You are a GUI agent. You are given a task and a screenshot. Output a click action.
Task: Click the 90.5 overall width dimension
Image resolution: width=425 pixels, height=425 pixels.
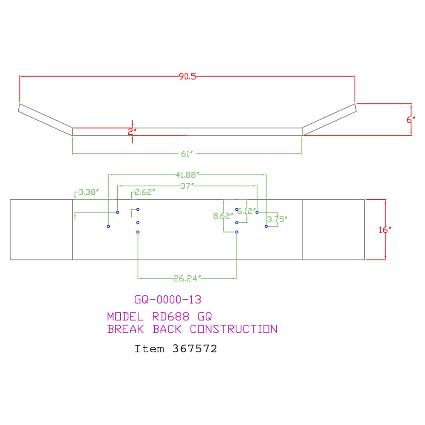pyautogui.click(x=187, y=76)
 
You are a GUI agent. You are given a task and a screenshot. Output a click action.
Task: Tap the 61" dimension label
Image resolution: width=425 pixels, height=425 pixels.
pyautogui.click(x=187, y=154)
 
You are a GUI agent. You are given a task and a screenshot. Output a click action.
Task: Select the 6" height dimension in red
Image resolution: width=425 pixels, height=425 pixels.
pyautogui.click(x=411, y=119)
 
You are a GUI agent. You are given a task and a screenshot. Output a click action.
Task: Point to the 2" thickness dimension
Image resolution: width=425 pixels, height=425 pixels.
pyautogui.click(x=132, y=132)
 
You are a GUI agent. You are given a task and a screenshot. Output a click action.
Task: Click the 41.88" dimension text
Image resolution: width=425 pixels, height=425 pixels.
pyautogui.click(x=187, y=175)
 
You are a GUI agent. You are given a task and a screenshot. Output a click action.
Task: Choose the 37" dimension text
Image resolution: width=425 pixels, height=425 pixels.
pyautogui.click(x=187, y=186)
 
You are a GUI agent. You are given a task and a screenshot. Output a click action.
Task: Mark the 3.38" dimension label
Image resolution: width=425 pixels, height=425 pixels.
pyautogui.click(x=88, y=192)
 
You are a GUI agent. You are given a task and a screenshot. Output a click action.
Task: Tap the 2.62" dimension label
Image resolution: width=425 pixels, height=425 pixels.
pyautogui.click(x=145, y=192)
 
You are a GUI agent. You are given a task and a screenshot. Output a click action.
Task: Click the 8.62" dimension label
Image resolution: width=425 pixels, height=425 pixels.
pyautogui.click(x=223, y=216)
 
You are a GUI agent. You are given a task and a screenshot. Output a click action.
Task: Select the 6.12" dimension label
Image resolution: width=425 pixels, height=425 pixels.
pyautogui.click(x=246, y=211)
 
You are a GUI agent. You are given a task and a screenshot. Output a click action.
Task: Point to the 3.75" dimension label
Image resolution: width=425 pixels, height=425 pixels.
pyautogui.click(x=277, y=219)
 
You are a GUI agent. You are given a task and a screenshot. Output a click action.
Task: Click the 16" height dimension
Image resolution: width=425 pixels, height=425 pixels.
pyautogui.click(x=385, y=230)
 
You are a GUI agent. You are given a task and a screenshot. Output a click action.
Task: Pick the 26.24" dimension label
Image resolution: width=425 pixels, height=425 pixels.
pyautogui.click(x=187, y=278)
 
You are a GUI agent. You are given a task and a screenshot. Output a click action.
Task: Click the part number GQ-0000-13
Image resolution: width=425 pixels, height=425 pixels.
pyautogui.click(x=168, y=300)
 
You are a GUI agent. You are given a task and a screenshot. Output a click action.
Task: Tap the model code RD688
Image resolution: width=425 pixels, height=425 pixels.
pyautogui.click(x=171, y=317)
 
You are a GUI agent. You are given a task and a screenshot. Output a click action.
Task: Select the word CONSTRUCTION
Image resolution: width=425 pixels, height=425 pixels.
pyautogui.click(x=234, y=329)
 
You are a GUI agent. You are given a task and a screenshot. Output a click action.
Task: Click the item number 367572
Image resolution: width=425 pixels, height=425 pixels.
pyautogui.click(x=195, y=349)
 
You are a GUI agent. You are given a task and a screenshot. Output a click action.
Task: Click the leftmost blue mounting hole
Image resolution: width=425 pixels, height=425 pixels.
pyautogui.click(x=108, y=227)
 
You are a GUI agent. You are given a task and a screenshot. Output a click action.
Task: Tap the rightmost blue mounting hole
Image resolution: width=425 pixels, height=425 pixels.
pyautogui.click(x=266, y=227)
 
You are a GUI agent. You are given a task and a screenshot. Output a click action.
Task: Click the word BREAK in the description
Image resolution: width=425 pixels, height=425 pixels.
pyautogui.click(x=125, y=329)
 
